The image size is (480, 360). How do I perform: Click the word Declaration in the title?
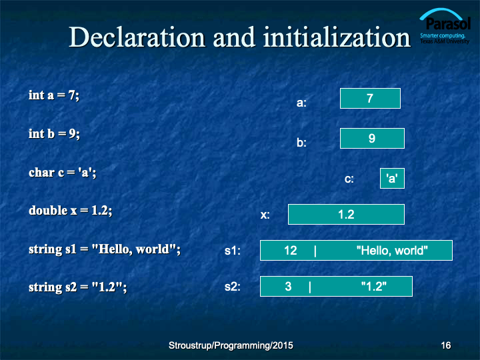(137, 37)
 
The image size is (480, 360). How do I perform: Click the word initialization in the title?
(337, 37)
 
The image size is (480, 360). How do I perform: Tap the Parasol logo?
(445, 26)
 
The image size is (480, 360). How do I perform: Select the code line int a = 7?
(54, 95)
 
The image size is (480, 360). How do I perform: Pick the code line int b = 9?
(54, 134)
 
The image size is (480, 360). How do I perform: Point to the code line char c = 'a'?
(63, 173)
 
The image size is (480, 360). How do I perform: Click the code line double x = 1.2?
(71, 211)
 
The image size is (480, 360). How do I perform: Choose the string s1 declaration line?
(105, 249)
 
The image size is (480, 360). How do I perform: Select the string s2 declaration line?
(78, 287)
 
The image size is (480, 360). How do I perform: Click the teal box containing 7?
(370, 98)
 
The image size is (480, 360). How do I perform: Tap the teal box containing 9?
(372, 139)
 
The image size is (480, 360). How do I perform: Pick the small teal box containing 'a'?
(392, 178)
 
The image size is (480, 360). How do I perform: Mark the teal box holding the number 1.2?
(346, 214)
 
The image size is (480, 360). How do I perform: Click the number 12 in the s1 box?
(291, 251)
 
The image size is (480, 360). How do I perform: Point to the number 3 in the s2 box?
(288, 287)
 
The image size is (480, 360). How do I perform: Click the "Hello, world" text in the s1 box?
(392, 251)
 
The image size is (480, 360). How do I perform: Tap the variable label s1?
(233, 251)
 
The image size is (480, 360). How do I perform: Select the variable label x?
(265, 215)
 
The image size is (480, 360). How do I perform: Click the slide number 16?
(446, 345)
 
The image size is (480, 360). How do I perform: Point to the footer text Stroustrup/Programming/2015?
(231, 345)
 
